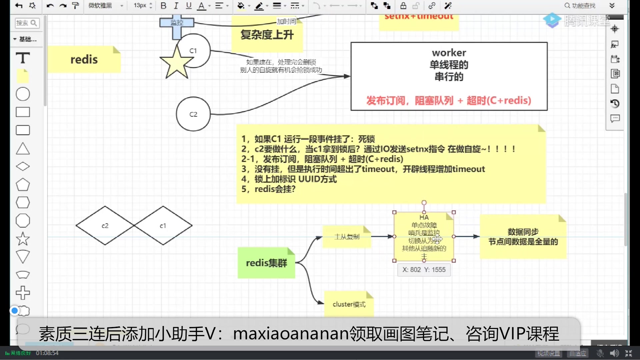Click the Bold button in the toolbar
tap(163, 6)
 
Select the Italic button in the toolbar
tap(176, 6)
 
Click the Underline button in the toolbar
tap(189, 6)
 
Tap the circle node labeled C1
tap(197, 51)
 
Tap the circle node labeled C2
tap(193, 114)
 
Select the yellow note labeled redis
tap(84, 59)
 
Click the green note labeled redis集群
tap(266, 263)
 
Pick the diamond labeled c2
tap(105, 226)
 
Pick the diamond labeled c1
tap(163, 226)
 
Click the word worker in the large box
tap(449, 53)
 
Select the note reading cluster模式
tap(349, 304)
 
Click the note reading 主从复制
tap(347, 237)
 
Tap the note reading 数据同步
tap(523, 237)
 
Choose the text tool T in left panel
tap(23, 58)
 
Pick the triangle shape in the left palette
tap(23, 149)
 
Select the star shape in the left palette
tap(23, 239)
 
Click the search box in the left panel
tap(27, 23)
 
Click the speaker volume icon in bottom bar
tap(614, 353)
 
